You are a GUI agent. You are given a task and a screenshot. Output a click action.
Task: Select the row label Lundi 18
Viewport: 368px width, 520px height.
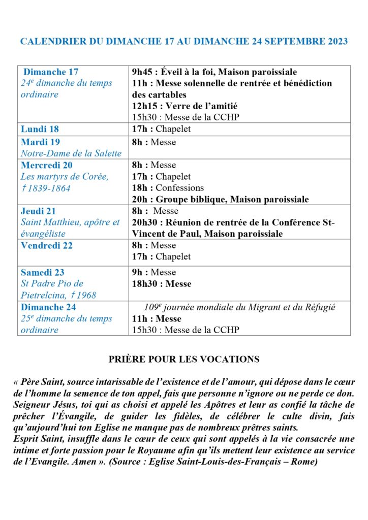point(40,129)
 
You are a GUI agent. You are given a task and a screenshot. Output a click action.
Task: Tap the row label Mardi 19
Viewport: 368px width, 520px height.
point(40,142)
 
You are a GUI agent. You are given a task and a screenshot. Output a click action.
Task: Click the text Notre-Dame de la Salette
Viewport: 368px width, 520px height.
point(71,153)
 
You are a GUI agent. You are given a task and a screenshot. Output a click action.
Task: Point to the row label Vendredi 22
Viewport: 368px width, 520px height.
point(47,246)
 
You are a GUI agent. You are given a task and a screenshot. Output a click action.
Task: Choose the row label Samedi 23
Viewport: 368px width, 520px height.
point(43,272)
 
